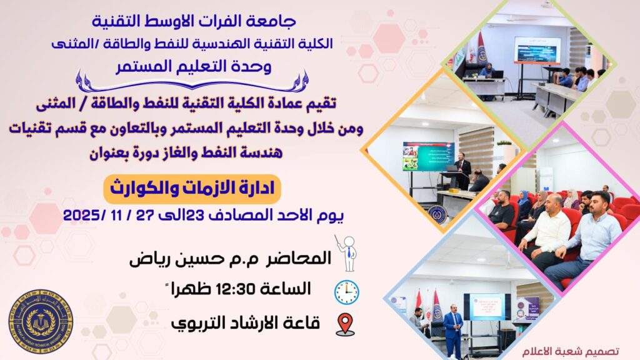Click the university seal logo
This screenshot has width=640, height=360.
(41, 321)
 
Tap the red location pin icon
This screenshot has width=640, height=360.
(345, 324)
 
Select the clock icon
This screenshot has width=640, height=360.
(346, 292)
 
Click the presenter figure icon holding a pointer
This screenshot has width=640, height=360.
(346, 254)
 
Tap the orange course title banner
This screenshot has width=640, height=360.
(192, 189)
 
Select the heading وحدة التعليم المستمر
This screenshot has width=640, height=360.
(194, 66)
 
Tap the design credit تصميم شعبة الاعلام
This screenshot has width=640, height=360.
(570, 351)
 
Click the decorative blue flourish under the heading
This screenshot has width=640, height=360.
(192, 82)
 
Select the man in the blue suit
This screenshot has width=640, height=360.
(453, 329)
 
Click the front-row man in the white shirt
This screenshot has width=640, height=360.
(544, 232)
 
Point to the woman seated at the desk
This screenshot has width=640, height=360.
(487, 72)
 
